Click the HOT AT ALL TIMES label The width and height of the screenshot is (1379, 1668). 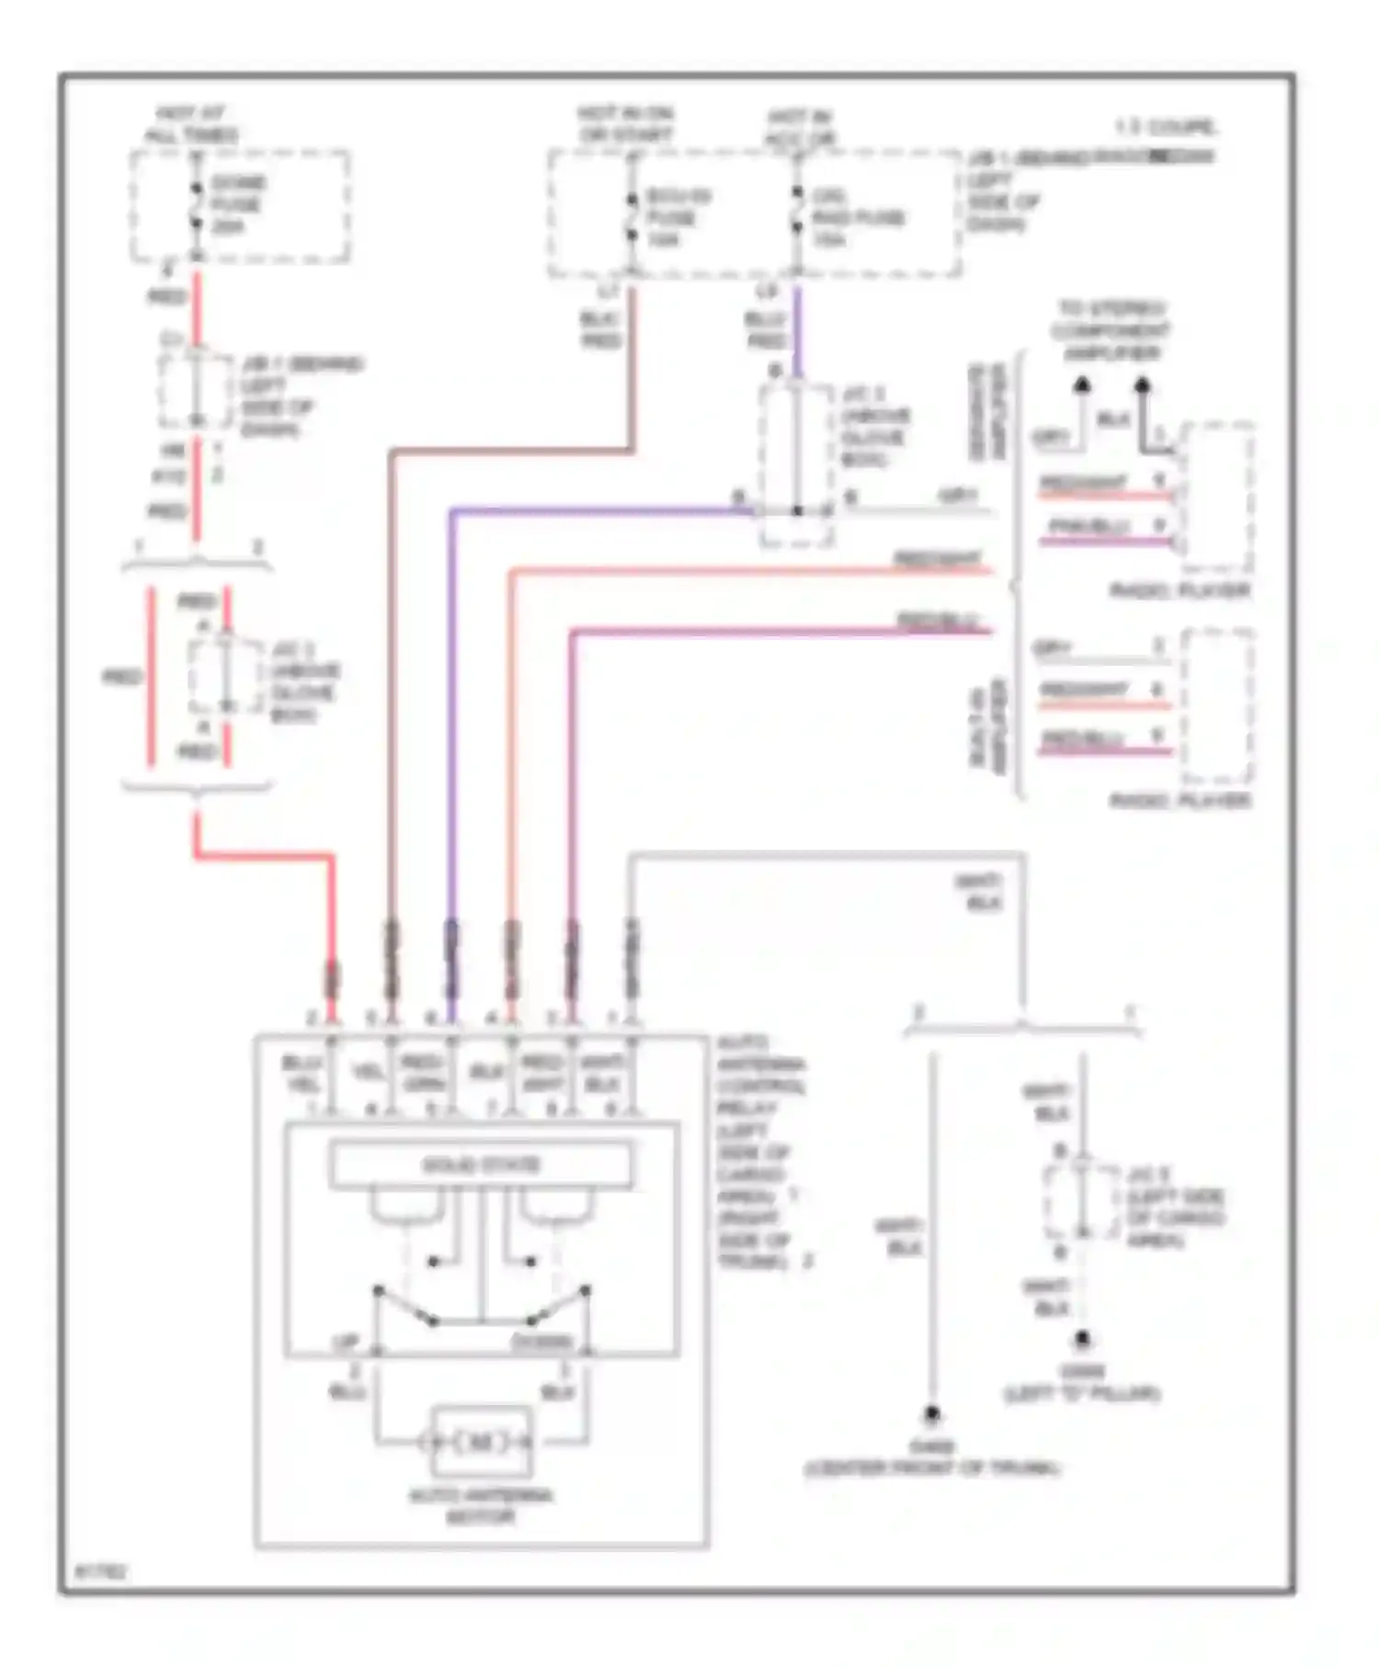coord(191,124)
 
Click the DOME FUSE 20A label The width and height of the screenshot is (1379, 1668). coord(236,204)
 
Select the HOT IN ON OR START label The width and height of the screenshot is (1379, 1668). coord(625,124)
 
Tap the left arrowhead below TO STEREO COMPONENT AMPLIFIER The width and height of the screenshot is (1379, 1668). coord(1082,384)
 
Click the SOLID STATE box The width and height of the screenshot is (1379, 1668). coord(481,1165)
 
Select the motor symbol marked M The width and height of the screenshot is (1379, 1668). coord(481,1442)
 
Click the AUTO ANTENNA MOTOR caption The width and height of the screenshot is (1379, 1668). coord(481,1506)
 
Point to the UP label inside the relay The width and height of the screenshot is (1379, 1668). coord(345,1343)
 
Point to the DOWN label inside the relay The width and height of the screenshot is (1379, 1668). coord(542,1343)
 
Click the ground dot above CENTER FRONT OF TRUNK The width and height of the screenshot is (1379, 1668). coord(932,1412)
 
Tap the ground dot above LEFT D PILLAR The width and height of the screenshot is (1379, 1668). coord(1083,1340)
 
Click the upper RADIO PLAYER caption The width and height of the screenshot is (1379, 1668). coord(1180,590)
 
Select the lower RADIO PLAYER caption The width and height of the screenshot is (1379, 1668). coord(1180,801)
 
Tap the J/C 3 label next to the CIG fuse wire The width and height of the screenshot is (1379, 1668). coord(875,427)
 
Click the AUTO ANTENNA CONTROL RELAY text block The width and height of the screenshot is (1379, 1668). coord(761,1151)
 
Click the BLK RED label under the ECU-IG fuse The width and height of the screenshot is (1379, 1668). coord(601,329)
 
